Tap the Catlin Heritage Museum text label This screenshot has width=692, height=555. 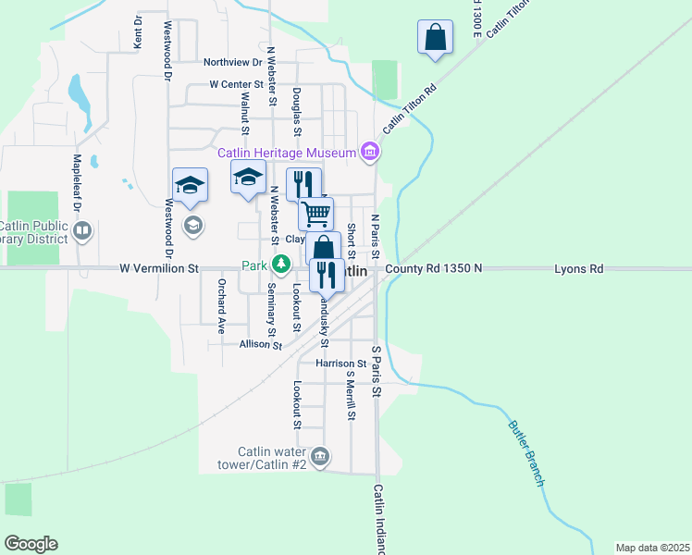[287, 153]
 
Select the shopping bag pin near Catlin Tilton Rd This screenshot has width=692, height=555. [435, 37]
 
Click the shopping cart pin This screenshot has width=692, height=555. [315, 214]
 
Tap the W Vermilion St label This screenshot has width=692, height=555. [159, 269]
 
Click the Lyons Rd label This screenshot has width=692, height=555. [578, 269]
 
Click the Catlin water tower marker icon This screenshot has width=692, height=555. [320, 456]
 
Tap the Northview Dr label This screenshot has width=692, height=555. [233, 63]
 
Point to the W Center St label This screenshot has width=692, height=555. [237, 84]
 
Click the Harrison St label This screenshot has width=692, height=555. [341, 364]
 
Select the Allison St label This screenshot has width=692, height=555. [260, 344]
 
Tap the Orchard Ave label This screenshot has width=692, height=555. [222, 304]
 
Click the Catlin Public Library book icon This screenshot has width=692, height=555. [82, 229]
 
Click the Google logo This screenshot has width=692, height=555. [31, 544]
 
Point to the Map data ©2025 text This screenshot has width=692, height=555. [653, 548]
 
